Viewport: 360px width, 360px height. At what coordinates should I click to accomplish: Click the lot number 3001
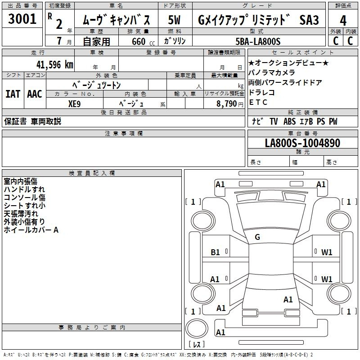tap(22, 19)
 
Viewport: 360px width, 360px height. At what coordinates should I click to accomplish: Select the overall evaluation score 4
tap(343, 21)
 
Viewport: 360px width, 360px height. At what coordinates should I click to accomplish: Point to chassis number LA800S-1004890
tap(302, 143)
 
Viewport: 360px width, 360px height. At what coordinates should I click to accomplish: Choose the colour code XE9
tap(75, 103)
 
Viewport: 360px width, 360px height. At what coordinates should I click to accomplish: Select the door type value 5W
tap(175, 20)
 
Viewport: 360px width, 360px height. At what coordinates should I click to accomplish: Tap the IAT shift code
tap(13, 94)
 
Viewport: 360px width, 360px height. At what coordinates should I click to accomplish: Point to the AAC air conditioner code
tap(35, 94)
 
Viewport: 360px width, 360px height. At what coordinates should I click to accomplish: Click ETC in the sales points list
tap(258, 102)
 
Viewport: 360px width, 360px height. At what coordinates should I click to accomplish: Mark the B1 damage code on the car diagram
tap(216, 252)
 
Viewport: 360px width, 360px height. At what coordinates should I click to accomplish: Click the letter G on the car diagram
tap(257, 237)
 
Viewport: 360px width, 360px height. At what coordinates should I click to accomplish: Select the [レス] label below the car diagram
tap(197, 345)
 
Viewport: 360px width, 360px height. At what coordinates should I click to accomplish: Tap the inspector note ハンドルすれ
tap(24, 189)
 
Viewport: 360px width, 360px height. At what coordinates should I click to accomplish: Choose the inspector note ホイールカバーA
tap(31, 230)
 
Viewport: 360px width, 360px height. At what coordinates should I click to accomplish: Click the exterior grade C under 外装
tap(335, 41)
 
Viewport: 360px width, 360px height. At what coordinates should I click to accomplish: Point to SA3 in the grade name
tap(309, 20)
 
